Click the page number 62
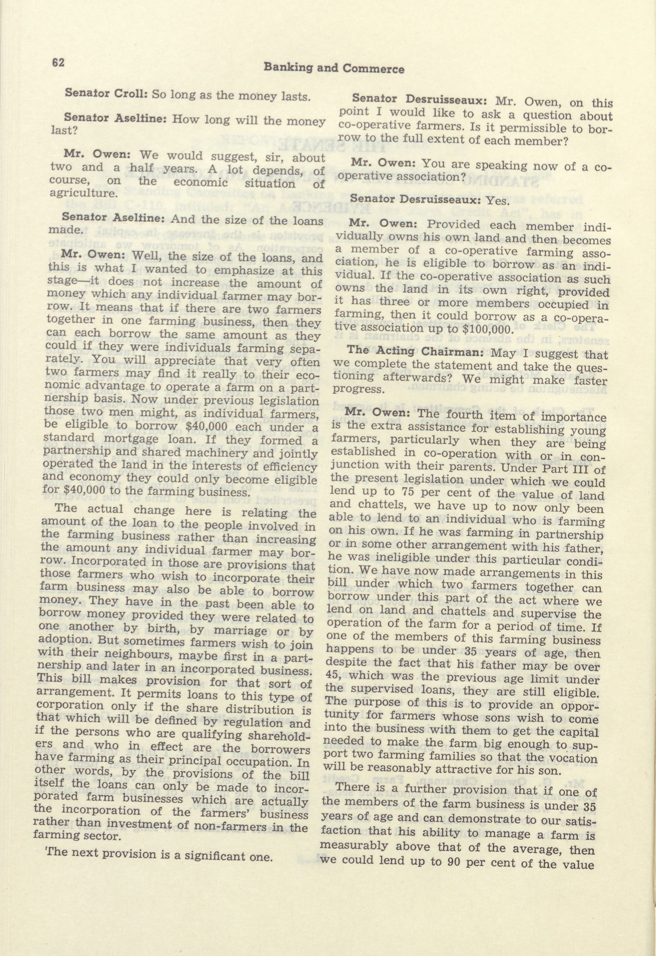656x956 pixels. pos(58,62)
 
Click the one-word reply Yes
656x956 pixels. pos(498,201)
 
